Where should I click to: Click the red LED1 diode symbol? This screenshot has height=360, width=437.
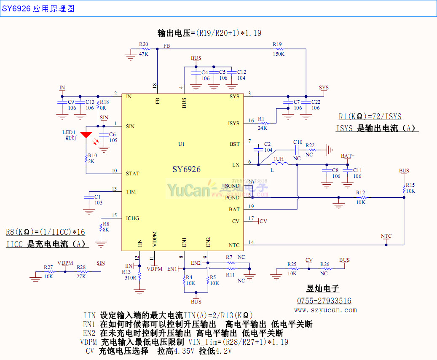point(86,135)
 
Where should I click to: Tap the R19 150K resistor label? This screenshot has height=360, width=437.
point(278,49)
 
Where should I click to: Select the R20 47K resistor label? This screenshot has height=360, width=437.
point(144,49)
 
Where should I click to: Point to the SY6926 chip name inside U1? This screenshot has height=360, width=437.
point(186,169)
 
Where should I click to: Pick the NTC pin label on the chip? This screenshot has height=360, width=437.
point(234,245)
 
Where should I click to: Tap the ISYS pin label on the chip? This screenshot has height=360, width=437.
point(233,124)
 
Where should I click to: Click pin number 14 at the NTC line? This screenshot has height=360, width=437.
point(251,242)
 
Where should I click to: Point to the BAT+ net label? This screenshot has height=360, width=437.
point(348,156)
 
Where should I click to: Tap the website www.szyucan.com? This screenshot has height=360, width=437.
point(325,310)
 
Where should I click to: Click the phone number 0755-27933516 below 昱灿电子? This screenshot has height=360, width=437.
point(324,301)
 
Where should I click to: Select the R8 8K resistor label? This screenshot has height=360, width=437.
point(106,227)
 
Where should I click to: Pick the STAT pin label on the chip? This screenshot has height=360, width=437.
point(133,174)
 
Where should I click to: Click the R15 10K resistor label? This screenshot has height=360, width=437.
point(410,188)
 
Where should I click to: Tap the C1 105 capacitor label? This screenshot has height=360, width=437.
point(98,200)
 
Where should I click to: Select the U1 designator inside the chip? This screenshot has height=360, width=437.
point(181,144)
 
